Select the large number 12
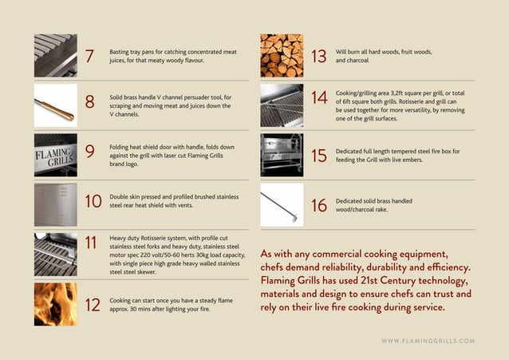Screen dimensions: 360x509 (x=91, y=304)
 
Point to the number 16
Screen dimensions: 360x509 (x=318, y=205)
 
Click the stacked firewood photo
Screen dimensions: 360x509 (x=282, y=55)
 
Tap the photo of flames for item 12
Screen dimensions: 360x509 (x=55, y=303)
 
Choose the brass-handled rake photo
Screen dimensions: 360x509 (x=282, y=204)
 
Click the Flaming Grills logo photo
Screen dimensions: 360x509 (x=55, y=154)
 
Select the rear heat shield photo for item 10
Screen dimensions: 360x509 (x=55, y=204)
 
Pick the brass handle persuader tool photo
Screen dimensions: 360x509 (x=55, y=105)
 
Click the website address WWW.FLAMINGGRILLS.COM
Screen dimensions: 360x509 (x=428, y=341)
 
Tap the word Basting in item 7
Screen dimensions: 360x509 (x=120, y=50)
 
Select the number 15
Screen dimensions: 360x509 (x=318, y=156)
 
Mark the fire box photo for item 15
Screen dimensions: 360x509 (x=282, y=155)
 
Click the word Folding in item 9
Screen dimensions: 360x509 (x=121, y=147)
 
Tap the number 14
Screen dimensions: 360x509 (x=319, y=98)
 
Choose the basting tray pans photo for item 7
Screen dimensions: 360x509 (x=55, y=55)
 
